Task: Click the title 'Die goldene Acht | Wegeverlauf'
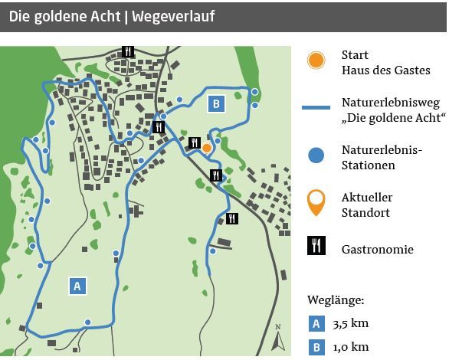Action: (x=112, y=16)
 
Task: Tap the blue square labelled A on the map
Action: (x=77, y=286)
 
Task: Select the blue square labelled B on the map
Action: (x=216, y=103)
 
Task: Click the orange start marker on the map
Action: (x=206, y=148)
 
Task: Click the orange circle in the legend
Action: (x=316, y=61)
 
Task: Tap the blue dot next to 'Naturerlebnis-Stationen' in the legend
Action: (x=316, y=155)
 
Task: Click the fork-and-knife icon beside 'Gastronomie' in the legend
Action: (x=316, y=246)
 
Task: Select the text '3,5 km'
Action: (x=350, y=323)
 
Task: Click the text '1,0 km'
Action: (x=350, y=347)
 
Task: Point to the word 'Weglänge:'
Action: (x=336, y=299)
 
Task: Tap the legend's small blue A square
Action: (x=316, y=323)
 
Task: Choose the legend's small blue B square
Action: (x=316, y=347)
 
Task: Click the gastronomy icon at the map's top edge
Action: (x=128, y=51)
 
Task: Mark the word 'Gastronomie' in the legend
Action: (x=377, y=249)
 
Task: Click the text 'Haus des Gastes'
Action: (x=385, y=70)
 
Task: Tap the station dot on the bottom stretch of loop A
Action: (x=88, y=322)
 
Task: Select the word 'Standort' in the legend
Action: (x=365, y=212)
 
